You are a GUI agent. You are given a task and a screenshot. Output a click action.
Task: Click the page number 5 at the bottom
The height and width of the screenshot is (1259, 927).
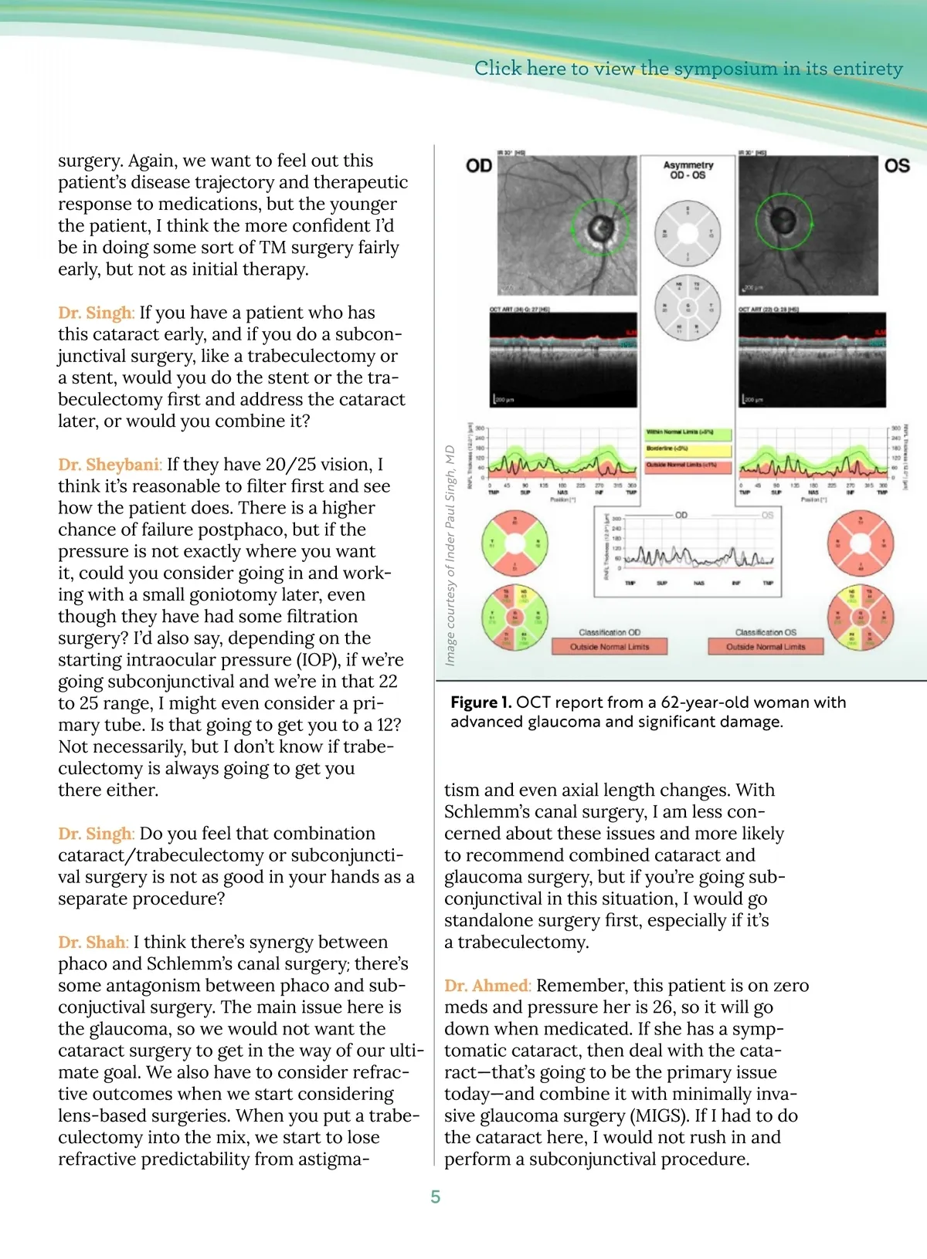436,1197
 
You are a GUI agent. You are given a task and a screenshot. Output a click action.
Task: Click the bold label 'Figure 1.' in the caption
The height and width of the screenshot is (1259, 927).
480,702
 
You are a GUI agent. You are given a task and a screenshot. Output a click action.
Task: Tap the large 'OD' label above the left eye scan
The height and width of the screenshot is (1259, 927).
479,166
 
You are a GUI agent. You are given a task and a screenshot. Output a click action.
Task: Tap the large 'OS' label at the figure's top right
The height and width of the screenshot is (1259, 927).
897,166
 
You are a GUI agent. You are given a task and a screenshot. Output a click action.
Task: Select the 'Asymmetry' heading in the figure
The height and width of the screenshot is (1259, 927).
688,165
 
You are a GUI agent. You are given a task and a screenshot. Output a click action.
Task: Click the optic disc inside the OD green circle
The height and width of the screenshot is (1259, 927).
599,227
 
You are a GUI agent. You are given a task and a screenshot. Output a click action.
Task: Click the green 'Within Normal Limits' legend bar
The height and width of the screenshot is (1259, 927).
688,432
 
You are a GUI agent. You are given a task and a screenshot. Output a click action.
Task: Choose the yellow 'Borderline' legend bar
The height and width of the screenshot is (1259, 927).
688,448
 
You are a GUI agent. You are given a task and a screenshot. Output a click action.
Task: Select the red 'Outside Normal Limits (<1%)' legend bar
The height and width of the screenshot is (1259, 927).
688,465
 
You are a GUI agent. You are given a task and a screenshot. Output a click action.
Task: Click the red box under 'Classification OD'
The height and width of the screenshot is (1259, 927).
609,647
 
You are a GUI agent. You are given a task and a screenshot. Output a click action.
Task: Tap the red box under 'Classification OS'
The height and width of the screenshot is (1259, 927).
766,647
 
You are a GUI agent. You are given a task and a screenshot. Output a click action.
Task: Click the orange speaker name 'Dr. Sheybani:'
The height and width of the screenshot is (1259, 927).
110,465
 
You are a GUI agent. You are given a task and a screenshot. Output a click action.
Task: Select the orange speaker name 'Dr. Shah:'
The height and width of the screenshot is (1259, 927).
93,943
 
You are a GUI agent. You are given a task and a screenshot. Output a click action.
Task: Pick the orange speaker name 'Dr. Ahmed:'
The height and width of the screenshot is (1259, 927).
487,986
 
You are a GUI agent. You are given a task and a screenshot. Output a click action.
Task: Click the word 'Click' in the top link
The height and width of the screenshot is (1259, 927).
497,69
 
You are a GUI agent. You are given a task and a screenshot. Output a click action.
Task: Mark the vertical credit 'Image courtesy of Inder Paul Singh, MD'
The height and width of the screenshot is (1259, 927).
450,555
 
